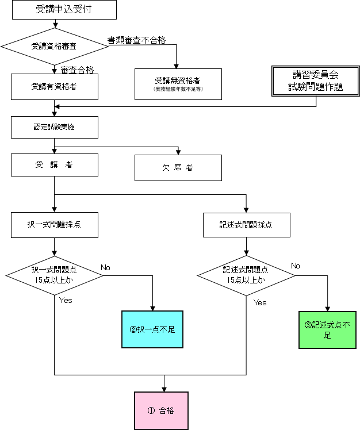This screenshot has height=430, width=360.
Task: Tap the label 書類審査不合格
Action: [136, 40]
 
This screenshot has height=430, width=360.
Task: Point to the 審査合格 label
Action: [77, 70]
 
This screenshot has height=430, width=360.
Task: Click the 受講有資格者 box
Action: [55, 87]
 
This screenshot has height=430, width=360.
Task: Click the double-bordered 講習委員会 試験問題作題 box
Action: [316, 81]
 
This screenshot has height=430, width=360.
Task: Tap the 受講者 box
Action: [55, 164]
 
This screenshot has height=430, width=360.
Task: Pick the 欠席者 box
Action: [178, 168]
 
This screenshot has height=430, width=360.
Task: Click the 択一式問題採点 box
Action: [55, 225]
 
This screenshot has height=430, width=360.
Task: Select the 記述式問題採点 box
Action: [246, 225]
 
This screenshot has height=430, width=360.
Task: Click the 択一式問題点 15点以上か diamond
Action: [55, 275]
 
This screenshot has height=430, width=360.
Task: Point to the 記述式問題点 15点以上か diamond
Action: [246, 275]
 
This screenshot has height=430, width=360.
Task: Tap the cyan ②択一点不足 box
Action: [152, 329]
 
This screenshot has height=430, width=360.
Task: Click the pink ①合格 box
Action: [161, 410]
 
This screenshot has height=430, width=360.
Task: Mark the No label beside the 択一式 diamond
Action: [106, 267]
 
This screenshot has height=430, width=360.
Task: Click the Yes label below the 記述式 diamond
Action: [260, 302]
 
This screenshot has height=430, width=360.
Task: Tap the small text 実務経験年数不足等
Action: [178, 90]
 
